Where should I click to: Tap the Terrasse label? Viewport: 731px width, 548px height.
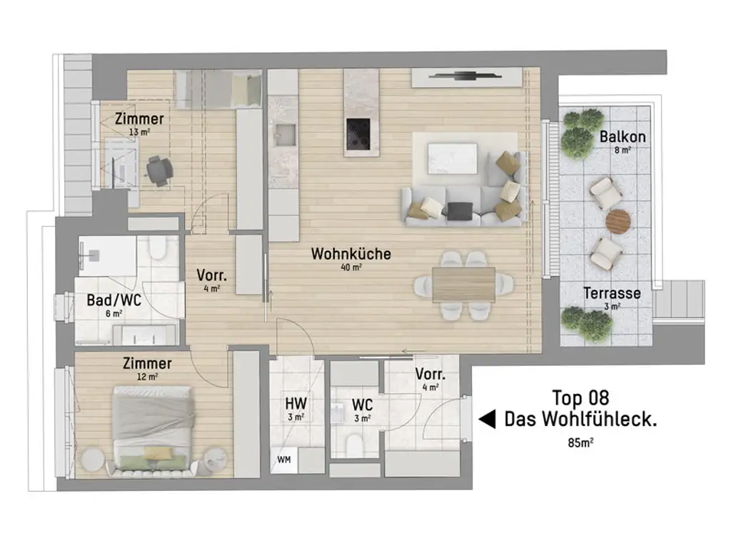click(x=612, y=293)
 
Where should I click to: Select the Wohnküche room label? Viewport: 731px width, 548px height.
click(x=351, y=254)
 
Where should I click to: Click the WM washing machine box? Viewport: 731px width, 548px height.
click(x=283, y=459)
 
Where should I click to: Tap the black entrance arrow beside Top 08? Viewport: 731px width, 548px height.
click(x=486, y=420)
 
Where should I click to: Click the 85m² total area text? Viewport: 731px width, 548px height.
click(x=581, y=442)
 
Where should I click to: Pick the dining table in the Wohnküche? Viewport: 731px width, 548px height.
click(x=464, y=284)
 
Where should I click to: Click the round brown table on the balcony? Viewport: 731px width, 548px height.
click(x=617, y=222)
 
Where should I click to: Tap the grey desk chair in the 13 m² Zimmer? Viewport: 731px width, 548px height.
click(x=158, y=170)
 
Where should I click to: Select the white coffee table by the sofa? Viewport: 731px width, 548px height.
click(x=451, y=158)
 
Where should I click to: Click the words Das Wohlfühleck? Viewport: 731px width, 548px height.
click(x=580, y=420)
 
